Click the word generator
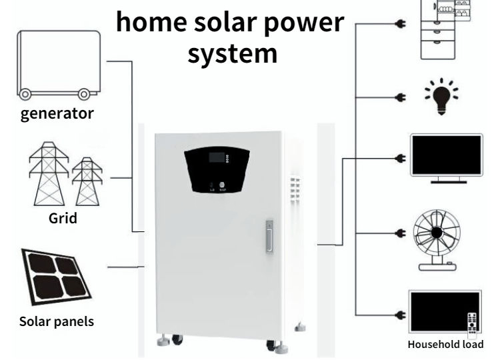tap(57, 113)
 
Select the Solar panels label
tap(57, 321)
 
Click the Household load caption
tap(445, 345)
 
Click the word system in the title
tap(231, 53)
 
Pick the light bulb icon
tap(441, 97)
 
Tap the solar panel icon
tap(56, 275)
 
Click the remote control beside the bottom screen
tap(472, 324)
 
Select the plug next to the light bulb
tap(401, 97)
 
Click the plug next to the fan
tap(401, 234)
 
